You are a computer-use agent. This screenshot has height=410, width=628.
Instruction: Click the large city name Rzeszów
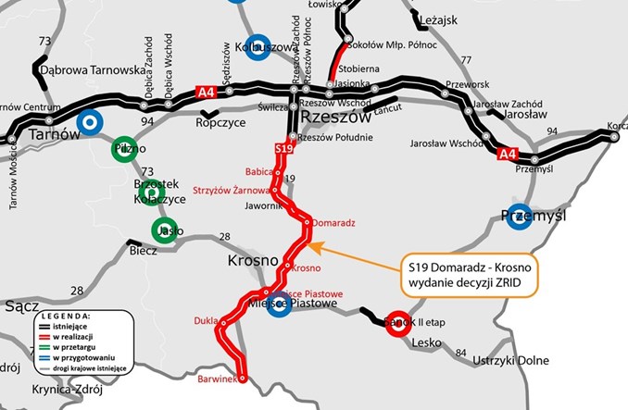point(335,118)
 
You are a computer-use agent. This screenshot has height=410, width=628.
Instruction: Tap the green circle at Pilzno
point(124,149)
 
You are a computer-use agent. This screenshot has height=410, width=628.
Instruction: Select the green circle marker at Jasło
point(165,230)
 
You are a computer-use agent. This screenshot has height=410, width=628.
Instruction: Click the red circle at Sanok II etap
point(399,321)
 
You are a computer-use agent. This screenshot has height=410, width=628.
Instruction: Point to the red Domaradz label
point(333,224)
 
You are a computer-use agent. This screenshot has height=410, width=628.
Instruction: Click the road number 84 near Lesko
point(459,352)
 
